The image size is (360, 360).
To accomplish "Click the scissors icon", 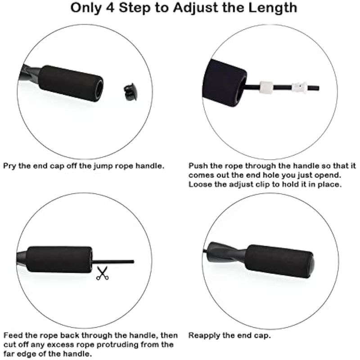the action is [103, 273].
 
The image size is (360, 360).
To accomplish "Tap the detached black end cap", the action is [130, 92].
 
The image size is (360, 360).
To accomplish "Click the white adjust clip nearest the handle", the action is [266, 87].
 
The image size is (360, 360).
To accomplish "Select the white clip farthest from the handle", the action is [300, 88].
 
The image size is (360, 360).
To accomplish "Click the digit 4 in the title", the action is [110, 8].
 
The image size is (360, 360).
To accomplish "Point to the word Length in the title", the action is [273, 8].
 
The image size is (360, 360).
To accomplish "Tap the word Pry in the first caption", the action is [9, 166].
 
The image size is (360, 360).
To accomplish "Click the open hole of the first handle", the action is [99, 88].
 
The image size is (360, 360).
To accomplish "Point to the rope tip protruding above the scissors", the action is [133, 261].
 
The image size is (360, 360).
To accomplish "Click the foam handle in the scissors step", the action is [59, 260].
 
